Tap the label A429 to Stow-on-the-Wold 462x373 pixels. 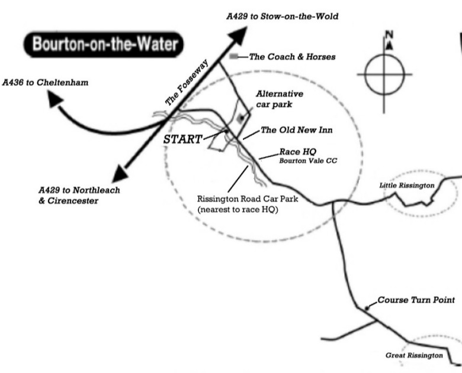(x=282, y=17)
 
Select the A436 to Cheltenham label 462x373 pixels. (x=46, y=83)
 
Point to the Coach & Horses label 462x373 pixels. (x=292, y=57)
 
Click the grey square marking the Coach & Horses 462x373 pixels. (x=234, y=56)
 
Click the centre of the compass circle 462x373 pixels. (x=385, y=74)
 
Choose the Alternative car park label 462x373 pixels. (x=279, y=99)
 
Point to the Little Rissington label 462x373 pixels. (x=407, y=186)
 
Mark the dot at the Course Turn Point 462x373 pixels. (x=367, y=308)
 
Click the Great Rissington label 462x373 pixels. (x=413, y=355)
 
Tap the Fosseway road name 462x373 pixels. (x=187, y=90)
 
